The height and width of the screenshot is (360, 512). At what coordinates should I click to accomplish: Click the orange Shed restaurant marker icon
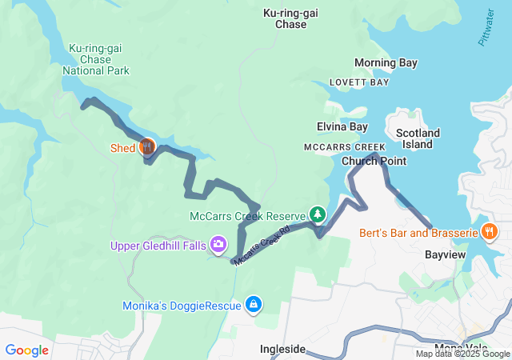[147, 146]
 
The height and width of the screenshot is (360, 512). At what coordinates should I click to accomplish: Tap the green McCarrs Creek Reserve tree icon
[318, 214]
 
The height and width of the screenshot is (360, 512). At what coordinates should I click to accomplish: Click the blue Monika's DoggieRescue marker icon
[253, 304]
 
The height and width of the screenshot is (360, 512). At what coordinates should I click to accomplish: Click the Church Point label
[374, 161]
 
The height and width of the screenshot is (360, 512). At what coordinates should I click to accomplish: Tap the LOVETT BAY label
[361, 82]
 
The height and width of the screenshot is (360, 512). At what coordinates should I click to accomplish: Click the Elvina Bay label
[342, 126]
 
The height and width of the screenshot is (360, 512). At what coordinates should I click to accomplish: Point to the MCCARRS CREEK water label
[344, 147]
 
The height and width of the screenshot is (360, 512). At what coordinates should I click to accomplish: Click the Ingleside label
[282, 349]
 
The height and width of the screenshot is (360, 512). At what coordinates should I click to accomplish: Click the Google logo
[26, 350]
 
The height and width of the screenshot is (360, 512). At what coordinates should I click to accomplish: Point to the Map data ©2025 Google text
[462, 354]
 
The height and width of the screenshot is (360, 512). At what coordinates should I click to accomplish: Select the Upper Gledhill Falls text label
[158, 244]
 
